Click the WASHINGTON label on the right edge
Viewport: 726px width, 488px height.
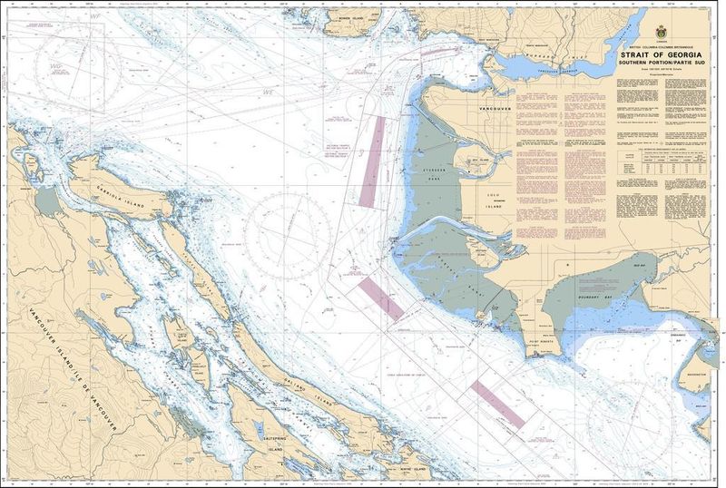(x=697, y=373)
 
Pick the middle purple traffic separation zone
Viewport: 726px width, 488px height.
(x=380, y=298)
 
